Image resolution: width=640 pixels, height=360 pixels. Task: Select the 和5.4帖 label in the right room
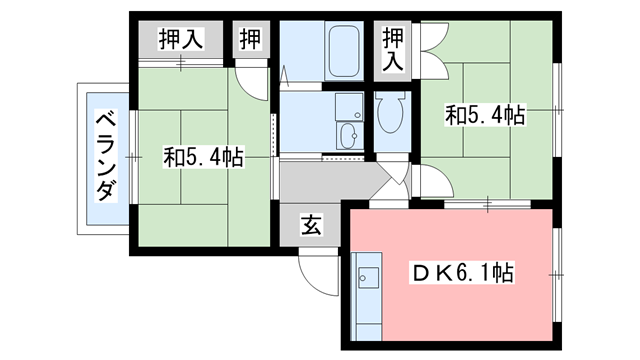point(485,117)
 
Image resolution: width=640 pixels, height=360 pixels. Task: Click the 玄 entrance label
point(311,227)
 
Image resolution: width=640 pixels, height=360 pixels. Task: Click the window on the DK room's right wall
point(556,270)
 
